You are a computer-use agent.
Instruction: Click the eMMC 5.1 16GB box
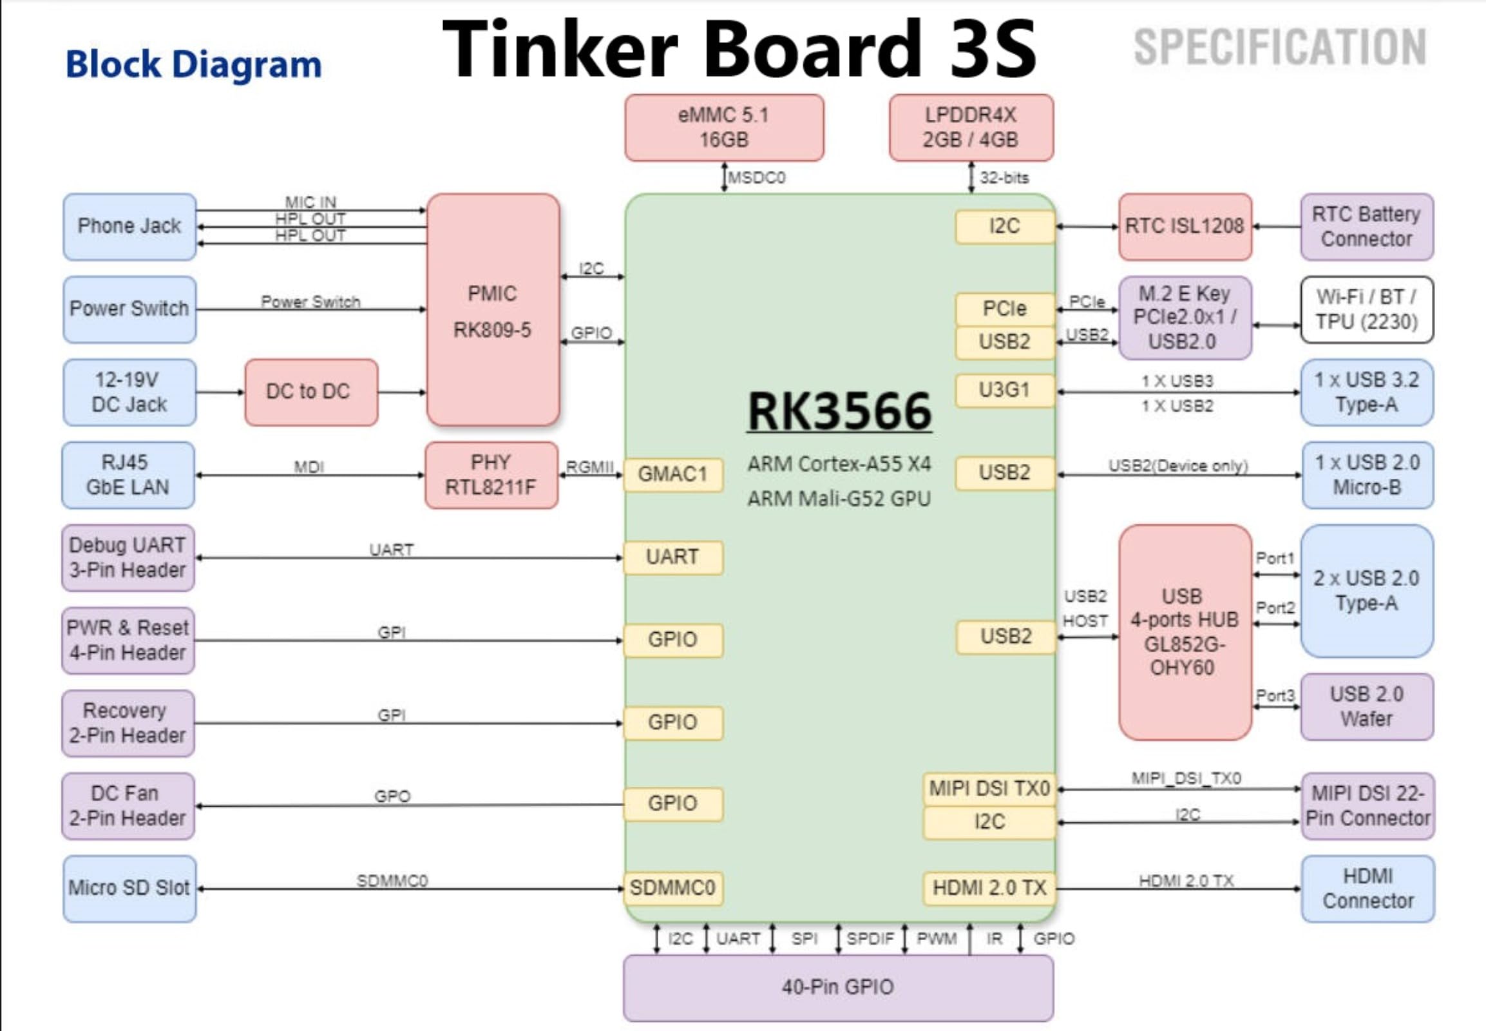(x=724, y=128)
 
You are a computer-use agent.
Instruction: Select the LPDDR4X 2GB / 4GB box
(x=971, y=128)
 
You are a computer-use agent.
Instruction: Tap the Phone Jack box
(x=130, y=227)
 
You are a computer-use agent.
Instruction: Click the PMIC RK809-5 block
(x=493, y=310)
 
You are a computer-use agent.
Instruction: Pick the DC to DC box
(x=310, y=392)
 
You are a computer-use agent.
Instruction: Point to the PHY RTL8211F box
(x=491, y=475)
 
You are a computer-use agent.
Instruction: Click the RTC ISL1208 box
(x=1185, y=227)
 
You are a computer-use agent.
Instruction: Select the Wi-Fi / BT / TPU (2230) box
(x=1367, y=309)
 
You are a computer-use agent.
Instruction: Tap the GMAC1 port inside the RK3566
(x=673, y=475)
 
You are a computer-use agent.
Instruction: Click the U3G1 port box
(x=1004, y=390)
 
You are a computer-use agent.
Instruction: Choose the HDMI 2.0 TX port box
(x=989, y=888)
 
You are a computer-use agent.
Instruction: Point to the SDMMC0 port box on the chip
(x=673, y=888)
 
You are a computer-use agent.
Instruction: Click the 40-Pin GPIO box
(x=837, y=987)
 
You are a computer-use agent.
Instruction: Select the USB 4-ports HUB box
(x=1185, y=631)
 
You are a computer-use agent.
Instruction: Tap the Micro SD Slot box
(x=130, y=888)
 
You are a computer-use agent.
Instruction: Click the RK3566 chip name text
(x=839, y=412)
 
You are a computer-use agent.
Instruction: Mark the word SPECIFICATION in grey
(x=1280, y=47)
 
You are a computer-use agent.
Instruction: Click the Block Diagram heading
(x=194, y=64)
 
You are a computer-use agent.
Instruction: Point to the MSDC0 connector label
(x=757, y=178)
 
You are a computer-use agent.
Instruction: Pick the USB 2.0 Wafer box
(x=1367, y=706)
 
